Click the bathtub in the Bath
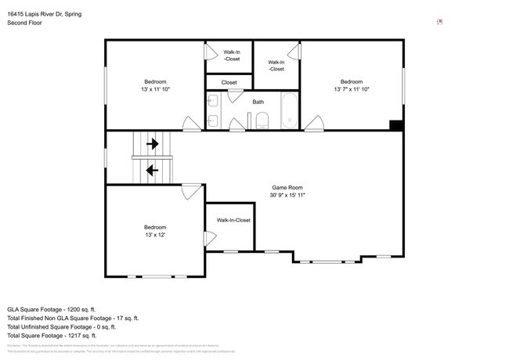coord(289,111)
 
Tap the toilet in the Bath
coord(262,121)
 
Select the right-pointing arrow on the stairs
coord(153,144)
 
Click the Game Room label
coord(287,188)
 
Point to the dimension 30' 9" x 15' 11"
coord(287,196)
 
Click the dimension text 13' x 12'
coord(154,235)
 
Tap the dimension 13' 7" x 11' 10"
coord(352,89)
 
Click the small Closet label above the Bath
coord(229,82)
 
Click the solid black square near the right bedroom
coord(396,125)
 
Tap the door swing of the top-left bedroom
coord(190,124)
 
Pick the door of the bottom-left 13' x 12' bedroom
coord(190,190)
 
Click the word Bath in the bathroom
coord(258,102)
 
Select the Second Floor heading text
coord(25,23)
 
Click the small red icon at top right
coord(439,22)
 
